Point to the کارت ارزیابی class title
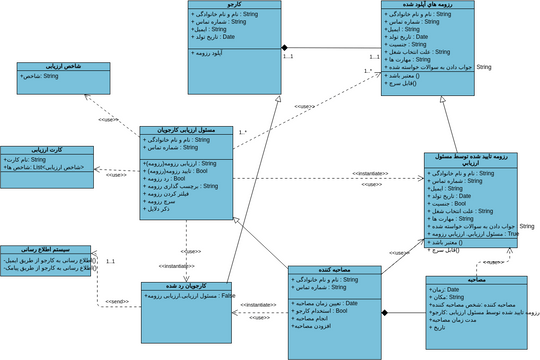36,149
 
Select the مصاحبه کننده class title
335,269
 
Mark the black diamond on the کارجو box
284,48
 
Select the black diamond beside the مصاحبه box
382,314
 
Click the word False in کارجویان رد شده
227,297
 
